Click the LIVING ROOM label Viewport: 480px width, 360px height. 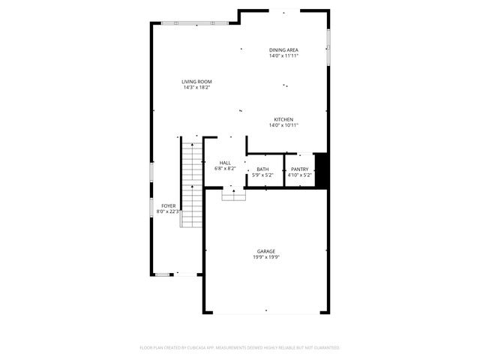click(196, 82)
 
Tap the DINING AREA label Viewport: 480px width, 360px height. click(283, 49)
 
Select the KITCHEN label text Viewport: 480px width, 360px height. click(283, 120)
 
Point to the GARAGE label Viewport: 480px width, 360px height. click(266, 251)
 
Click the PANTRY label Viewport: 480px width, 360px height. click(300, 169)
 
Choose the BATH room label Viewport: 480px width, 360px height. click(262, 169)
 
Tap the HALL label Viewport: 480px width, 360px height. click(225, 163)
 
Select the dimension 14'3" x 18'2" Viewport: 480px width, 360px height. click(196, 88)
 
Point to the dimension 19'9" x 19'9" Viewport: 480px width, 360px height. click(266, 257)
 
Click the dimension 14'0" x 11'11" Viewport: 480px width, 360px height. click(283, 55)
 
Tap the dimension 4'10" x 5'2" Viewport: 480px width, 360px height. click(300, 175)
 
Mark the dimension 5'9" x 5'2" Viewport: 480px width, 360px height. click(262, 175)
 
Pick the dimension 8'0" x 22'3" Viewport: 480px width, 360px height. click(169, 211)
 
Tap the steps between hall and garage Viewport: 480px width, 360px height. click(234, 194)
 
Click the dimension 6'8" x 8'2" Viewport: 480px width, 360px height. click(225, 169)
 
